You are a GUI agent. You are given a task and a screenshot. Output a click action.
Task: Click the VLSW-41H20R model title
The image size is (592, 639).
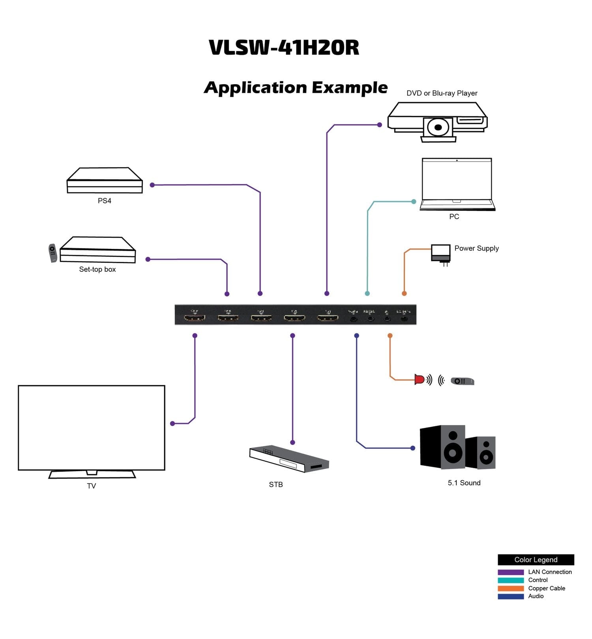coord(284,48)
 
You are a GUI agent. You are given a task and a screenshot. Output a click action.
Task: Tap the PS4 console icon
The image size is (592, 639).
coord(105,180)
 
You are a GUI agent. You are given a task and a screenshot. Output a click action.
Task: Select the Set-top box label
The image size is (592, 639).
coord(97,269)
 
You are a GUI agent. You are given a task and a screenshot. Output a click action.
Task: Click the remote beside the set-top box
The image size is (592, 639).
coord(52,253)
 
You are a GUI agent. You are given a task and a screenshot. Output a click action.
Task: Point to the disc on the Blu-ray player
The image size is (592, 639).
coord(438,128)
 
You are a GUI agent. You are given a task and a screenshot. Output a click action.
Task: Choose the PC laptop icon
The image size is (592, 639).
coord(457,184)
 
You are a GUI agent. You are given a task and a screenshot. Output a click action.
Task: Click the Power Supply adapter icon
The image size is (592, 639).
coord(440,253)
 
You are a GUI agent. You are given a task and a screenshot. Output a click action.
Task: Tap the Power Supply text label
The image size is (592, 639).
coord(476,248)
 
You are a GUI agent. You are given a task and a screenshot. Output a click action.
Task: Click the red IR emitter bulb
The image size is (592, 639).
coord(419,380)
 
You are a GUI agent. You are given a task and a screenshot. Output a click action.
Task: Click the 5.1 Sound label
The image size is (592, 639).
coord(464,483)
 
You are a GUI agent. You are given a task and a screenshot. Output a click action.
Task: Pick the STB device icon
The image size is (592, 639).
coord(289,459)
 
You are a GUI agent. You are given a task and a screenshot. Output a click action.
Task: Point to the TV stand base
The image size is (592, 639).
coord(92,474)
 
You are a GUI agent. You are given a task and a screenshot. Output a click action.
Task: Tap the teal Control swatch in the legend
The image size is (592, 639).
coord(511,580)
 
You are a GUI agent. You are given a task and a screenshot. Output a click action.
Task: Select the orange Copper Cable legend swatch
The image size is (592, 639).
coord(511,588)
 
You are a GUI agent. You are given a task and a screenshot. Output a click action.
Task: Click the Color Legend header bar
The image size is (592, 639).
coord(536,560)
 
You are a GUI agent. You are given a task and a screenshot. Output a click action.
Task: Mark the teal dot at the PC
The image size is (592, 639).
coord(414,202)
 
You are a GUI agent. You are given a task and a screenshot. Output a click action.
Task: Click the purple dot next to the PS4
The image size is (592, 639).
coord(152,185)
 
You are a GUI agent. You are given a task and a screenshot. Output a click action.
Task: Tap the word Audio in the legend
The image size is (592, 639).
coord(536,596)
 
